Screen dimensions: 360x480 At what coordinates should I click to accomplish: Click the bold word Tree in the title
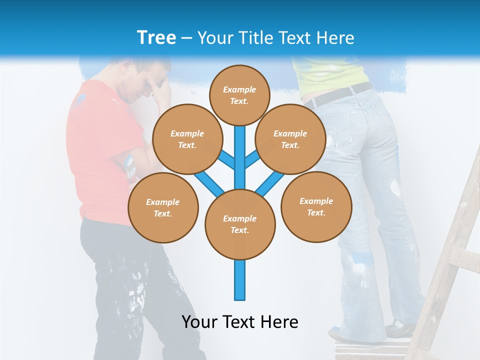click(x=156, y=37)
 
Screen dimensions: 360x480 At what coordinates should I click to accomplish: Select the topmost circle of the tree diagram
click(x=239, y=95)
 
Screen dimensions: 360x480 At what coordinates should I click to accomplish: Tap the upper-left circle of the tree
click(x=187, y=139)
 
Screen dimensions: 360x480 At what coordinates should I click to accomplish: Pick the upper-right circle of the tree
click(x=290, y=139)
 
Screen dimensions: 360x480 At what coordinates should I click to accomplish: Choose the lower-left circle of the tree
click(x=162, y=207)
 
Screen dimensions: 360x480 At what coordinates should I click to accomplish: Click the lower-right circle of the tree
click(x=316, y=206)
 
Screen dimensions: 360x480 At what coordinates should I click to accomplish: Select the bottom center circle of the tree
click(x=239, y=224)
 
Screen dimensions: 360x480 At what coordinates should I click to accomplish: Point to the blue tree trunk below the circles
click(x=239, y=280)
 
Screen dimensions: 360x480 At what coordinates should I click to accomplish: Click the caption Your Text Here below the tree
click(x=239, y=322)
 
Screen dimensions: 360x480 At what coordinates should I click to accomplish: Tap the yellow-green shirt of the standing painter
click(x=330, y=75)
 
